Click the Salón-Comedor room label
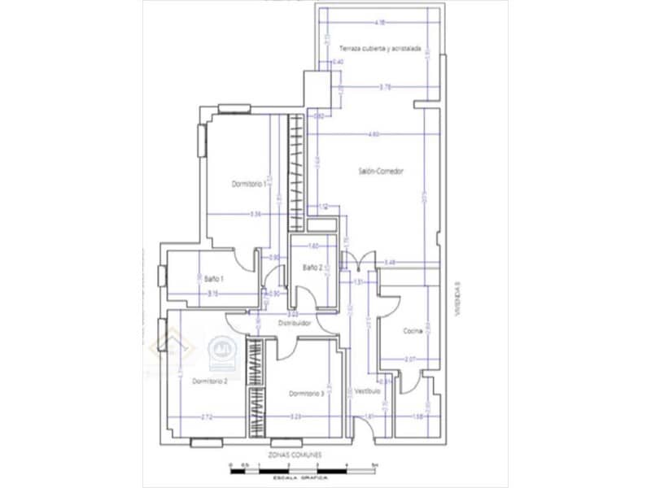pos(381,171)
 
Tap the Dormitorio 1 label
pos(250,185)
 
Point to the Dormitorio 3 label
pos(307,394)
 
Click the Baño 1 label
pos(214,279)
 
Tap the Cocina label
pos(413,331)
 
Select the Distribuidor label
pos(295,323)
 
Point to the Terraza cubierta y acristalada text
pos(380,49)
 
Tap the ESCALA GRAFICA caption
pos(303,480)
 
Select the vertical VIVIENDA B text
pos(458,299)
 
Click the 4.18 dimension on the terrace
pos(379,22)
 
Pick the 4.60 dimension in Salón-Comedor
pos(374,134)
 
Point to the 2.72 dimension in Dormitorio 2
pos(207,417)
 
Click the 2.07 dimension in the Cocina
pos(410,359)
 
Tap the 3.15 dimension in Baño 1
pos(212,292)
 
